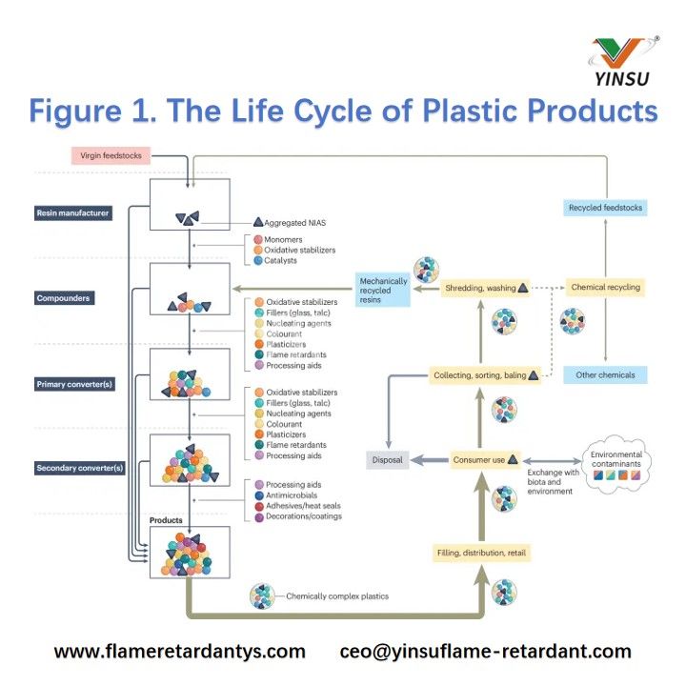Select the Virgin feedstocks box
[110, 154]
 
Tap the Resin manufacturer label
[74, 213]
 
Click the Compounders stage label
[63, 298]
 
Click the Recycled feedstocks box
[605, 207]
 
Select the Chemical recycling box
[605, 287]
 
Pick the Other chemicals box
[605, 374]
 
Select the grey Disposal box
[387, 459]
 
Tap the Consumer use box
[485, 459]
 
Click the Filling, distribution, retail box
[481, 553]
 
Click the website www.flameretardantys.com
[180, 652]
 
